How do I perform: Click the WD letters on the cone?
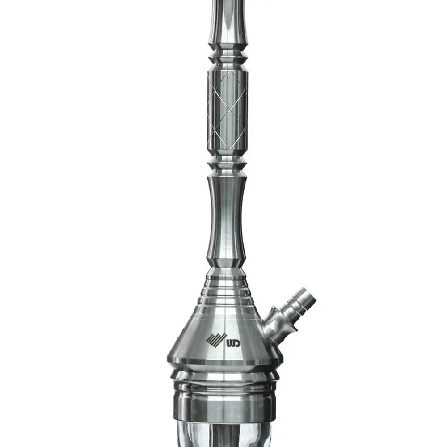coord(233,343)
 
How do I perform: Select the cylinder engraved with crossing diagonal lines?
coord(228,110)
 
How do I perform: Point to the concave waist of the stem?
coord(227,215)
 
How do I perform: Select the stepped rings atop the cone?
coord(226,291)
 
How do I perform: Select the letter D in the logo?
coord(236,343)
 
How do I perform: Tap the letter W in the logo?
coord(230,343)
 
